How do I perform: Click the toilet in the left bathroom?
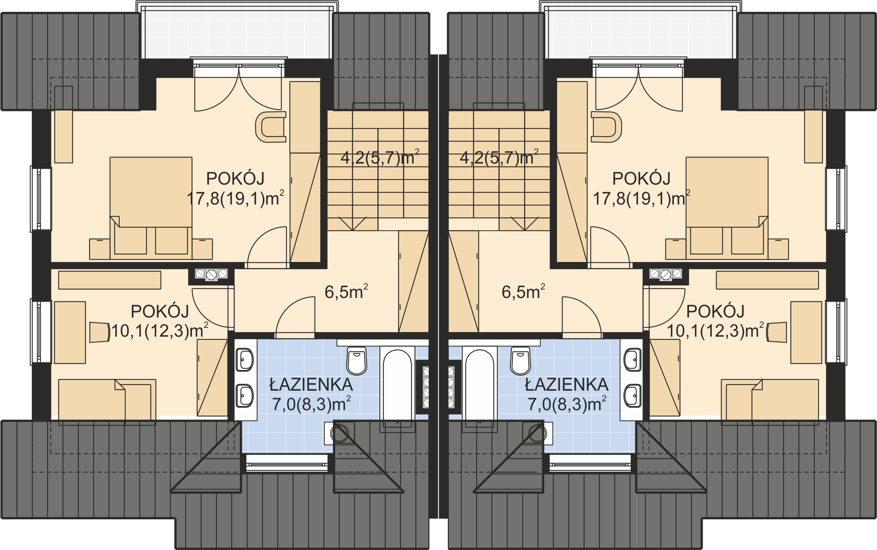[x=357, y=361]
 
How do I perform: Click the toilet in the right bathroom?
[x=521, y=361]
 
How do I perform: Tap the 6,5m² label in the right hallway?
[x=523, y=292]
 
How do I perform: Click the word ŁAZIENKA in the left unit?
[x=311, y=385]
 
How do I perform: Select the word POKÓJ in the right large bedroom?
[x=641, y=178]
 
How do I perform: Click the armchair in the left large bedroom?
[x=271, y=127]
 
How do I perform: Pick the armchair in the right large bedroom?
[x=606, y=127]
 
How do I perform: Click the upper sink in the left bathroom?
[x=244, y=360]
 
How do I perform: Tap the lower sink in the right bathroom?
[x=633, y=396]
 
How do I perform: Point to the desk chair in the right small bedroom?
[x=777, y=332]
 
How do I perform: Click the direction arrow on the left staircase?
[x=352, y=224]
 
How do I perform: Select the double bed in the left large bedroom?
[x=151, y=208]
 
